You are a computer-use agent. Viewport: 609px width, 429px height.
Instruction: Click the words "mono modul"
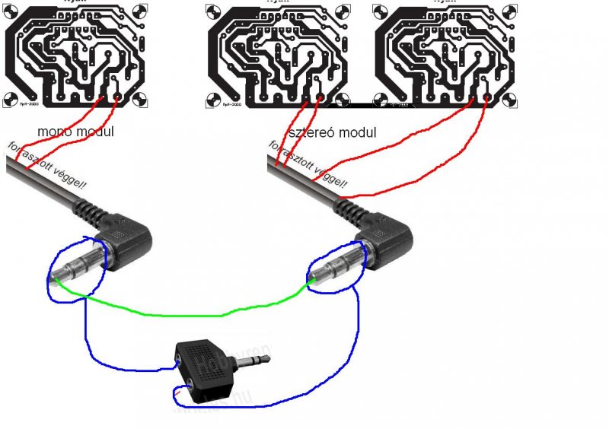75,132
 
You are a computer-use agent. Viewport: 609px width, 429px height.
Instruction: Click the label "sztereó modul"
333,132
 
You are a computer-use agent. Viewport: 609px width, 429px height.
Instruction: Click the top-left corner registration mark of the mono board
11,11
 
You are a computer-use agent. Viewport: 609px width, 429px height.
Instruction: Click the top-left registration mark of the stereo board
215,11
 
